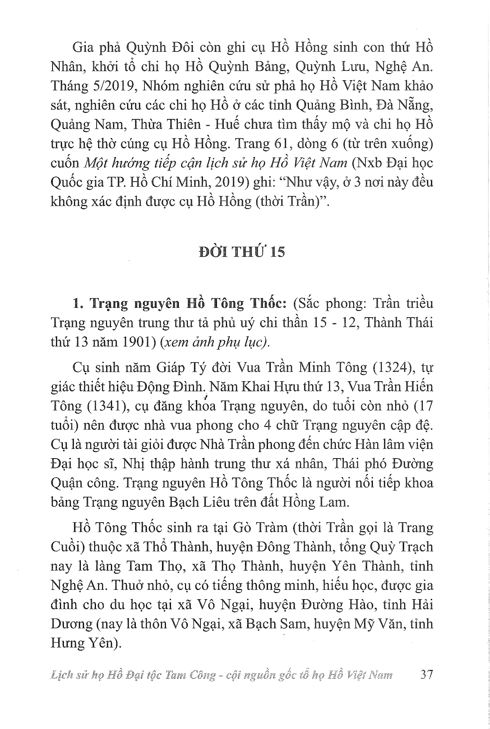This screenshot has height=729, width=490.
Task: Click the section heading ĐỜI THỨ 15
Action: [x=242, y=251]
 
